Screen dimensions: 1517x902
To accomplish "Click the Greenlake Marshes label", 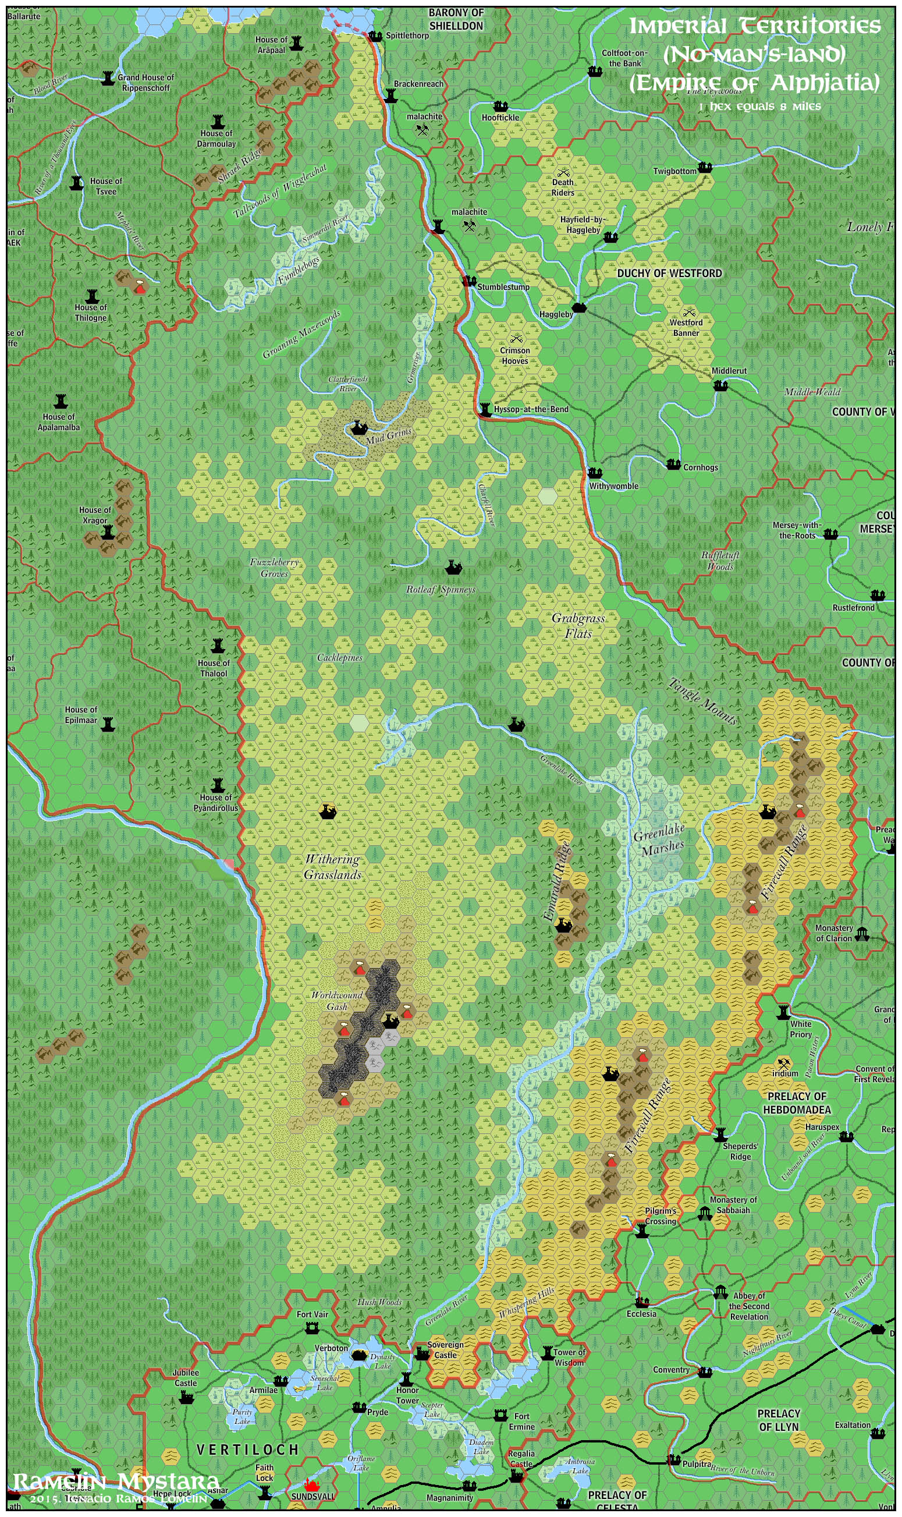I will pos(659,839).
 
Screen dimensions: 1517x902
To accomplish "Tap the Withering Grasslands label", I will pos(332,867).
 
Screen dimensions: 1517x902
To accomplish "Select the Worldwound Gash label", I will pos(337,1000).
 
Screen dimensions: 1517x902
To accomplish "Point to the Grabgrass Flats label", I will pos(578,626).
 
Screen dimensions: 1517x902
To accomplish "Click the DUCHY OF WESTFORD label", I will pos(669,274).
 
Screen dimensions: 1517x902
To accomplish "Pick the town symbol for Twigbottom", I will pos(705,167).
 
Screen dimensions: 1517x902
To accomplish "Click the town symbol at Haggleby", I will pos(578,308).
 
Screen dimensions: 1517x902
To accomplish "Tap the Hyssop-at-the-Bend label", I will pos(531,409).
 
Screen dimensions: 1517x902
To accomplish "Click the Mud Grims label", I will pos(389,435).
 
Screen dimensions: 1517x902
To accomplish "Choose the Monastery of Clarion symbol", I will pos(861,934).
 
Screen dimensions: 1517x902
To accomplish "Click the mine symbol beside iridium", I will pos(783,1063).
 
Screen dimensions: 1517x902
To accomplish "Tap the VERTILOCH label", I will pos(247,1450).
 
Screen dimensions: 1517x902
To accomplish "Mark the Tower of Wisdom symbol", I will pos(547,1353).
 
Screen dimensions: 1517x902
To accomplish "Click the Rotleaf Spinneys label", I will pos(441,590).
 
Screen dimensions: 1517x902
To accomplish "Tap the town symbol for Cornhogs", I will pos(673,465).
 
